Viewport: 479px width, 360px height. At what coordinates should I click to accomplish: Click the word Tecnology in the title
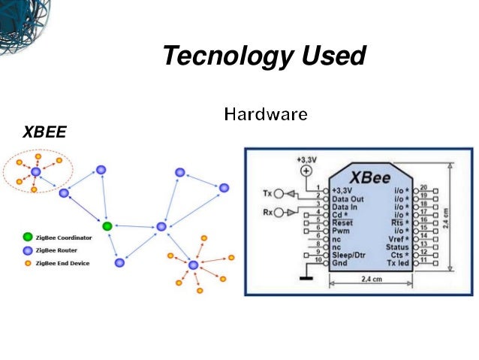(218, 56)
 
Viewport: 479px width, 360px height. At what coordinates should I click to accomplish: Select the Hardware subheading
(265, 115)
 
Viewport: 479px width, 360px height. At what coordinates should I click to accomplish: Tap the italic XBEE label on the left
(44, 132)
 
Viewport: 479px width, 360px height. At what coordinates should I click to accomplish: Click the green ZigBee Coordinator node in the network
(107, 225)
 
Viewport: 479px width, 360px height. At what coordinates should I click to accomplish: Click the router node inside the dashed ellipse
(35, 173)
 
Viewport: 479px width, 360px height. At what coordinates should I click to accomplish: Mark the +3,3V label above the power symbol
(306, 159)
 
